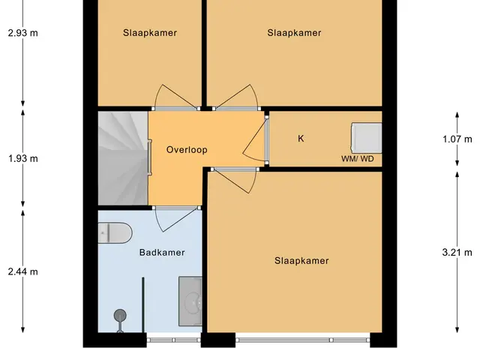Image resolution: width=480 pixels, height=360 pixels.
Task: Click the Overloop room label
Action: (x=187, y=150)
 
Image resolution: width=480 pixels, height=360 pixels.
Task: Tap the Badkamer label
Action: (x=162, y=253)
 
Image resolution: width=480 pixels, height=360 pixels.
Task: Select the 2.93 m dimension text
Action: (x=23, y=33)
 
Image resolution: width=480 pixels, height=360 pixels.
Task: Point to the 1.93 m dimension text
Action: (x=23, y=158)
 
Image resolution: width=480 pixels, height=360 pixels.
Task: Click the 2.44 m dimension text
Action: (x=23, y=271)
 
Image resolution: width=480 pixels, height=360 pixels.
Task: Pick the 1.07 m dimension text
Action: (x=457, y=139)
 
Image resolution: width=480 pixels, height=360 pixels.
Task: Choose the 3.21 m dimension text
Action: (x=457, y=253)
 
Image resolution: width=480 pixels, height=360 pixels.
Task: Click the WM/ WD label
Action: (x=358, y=158)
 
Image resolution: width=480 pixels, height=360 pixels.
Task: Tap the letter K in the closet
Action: (x=301, y=139)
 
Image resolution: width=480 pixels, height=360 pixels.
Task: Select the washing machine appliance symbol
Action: (x=367, y=138)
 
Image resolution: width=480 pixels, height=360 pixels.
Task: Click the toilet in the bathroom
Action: (x=115, y=233)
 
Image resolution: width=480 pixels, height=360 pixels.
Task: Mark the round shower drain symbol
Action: (x=120, y=316)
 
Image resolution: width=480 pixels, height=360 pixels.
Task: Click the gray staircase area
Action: (x=123, y=158)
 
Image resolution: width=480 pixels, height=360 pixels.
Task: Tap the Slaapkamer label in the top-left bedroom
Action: (x=150, y=33)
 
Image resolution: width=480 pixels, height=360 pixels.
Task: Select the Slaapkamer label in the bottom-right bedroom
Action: (x=301, y=260)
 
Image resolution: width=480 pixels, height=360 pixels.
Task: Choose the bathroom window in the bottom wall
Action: (x=173, y=340)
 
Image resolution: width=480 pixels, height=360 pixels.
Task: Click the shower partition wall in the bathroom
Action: (x=143, y=305)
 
